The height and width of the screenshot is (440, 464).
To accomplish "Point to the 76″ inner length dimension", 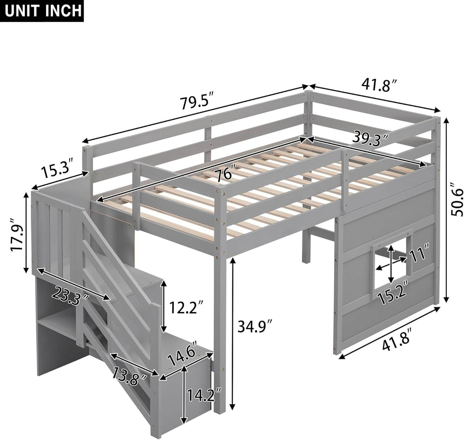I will pos(224,174).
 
